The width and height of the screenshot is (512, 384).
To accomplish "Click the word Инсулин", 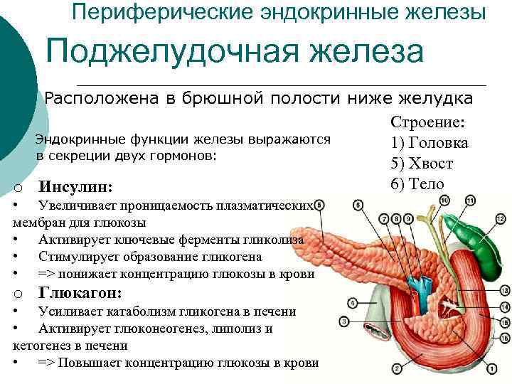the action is point(75,188).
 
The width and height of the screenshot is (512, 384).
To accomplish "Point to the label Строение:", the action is point(427,122).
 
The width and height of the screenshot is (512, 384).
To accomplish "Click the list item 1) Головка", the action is point(430,143).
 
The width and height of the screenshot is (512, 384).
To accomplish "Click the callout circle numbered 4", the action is point(353,304).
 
